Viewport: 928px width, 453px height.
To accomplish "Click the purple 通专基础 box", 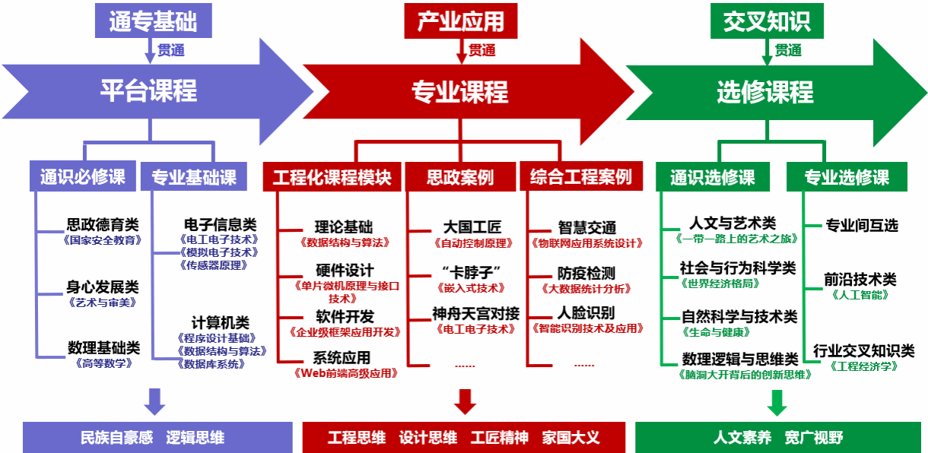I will (152, 21).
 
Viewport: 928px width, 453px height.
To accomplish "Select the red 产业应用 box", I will (461, 21).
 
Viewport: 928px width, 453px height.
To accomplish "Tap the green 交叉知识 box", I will (766, 21).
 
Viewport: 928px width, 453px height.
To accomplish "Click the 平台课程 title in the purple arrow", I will (148, 90).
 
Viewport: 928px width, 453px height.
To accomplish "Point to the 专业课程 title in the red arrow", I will (459, 92).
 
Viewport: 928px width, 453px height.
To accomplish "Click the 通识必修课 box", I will (83, 177).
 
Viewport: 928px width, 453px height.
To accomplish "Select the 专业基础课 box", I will (193, 177).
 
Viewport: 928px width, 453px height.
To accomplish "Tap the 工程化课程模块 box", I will (332, 177).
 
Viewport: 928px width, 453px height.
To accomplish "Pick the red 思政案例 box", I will (459, 177).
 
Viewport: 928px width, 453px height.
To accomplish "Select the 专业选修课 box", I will (847, 177).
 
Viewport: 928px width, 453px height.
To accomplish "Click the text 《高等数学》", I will (104, 363).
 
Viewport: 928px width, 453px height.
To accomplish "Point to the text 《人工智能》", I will (860, 294).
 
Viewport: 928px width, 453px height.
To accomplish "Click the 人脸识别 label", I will (586, 312).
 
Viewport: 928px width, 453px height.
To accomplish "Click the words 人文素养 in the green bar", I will (742, 438).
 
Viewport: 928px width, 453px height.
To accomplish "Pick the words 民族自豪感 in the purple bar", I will (116, 438).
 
